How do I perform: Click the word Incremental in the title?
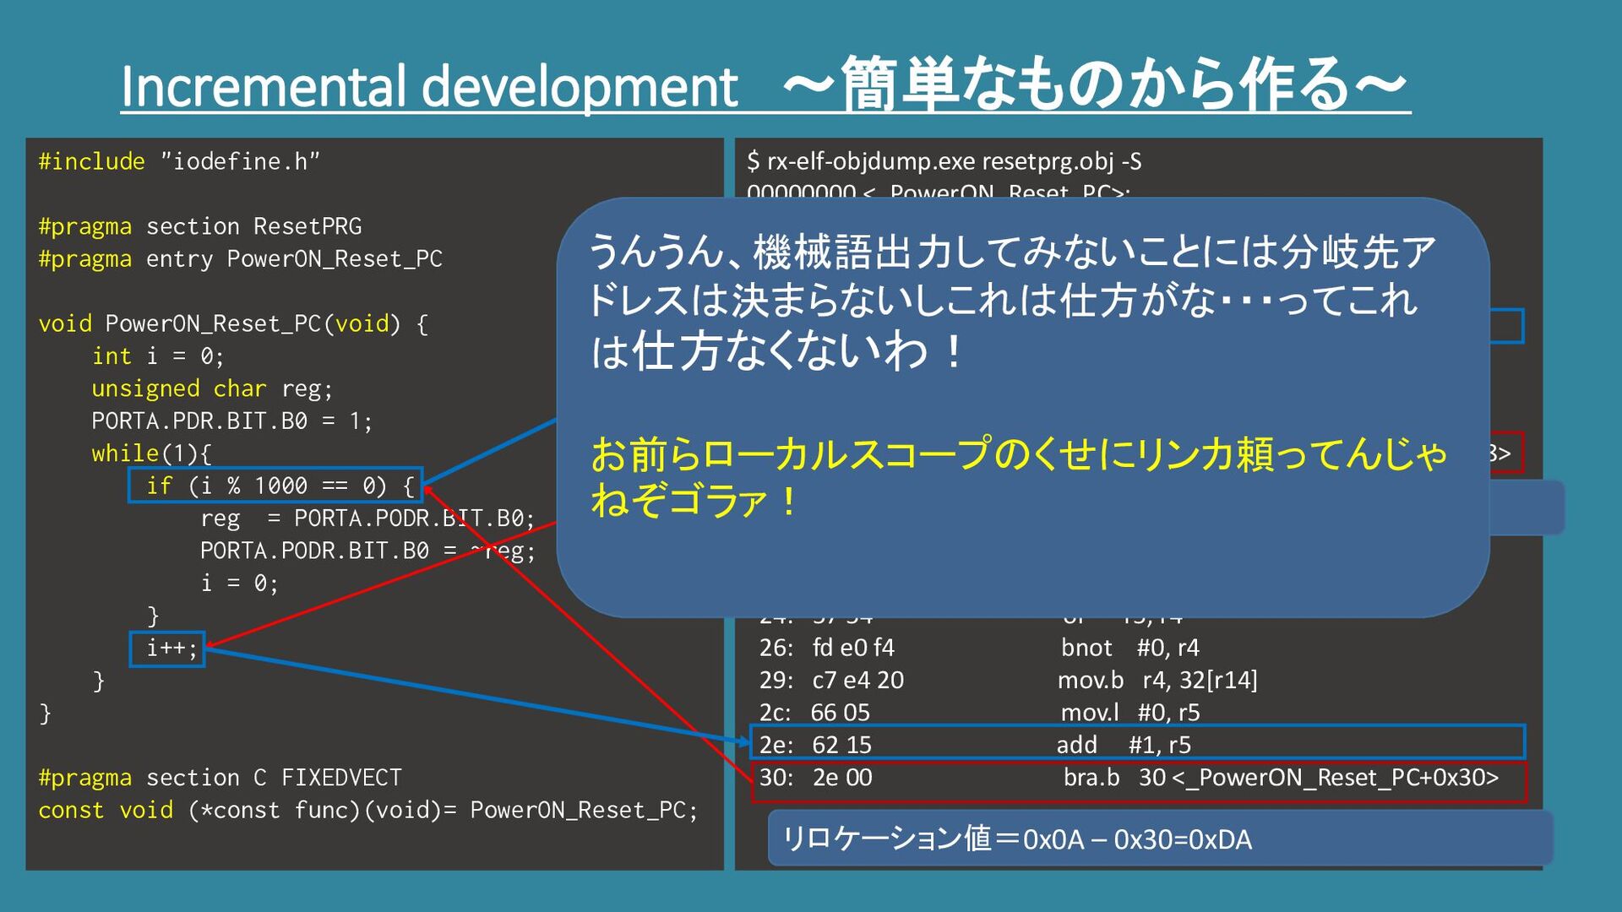262,86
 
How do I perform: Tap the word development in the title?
580,88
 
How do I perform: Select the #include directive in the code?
91,161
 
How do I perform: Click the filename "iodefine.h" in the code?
240,161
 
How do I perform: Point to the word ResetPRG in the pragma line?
308,226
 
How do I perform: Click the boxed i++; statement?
171,649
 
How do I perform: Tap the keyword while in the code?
125,453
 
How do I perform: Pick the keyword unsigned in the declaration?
145,388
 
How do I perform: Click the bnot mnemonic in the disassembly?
1086,648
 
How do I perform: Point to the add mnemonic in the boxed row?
1076,745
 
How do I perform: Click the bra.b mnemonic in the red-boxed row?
1091,777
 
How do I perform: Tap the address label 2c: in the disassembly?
775,713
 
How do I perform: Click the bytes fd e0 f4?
853,648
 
